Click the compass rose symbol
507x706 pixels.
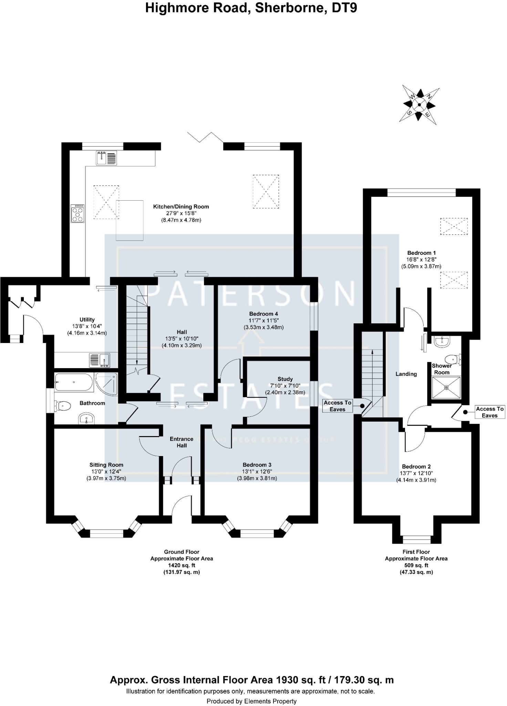coord(419,105)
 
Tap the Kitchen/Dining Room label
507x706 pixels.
coord(181,207)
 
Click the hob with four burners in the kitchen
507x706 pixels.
coord(77,214)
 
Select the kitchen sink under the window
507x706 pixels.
coord(106,158)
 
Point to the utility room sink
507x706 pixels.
coord(99,360)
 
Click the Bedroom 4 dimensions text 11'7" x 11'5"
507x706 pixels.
coord(263,321)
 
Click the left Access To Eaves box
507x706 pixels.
coord(337,406)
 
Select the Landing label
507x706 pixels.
coord(406,374)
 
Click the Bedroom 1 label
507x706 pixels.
coord(421,253)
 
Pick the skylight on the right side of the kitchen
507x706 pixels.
coord(266,192)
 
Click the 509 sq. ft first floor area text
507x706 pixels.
coord(416,565)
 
